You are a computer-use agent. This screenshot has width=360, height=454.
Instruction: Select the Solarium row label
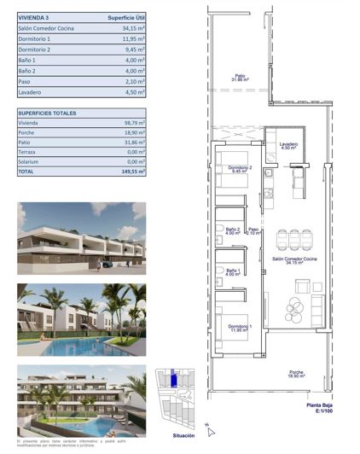[x=31, y=161]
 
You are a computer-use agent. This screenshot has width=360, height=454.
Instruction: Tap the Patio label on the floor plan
[x=241, y=78]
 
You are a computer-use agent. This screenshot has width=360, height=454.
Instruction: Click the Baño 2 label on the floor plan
[x=232, y=229]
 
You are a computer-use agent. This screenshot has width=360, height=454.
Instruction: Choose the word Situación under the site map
[x=184, y=435]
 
